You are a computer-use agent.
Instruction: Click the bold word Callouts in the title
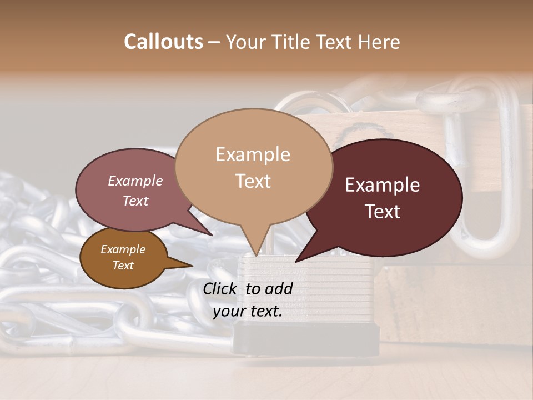point(163,42)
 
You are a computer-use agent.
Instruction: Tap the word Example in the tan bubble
point(253,154)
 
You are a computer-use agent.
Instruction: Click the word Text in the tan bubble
point(253,181)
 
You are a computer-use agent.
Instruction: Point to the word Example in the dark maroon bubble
point(383,185)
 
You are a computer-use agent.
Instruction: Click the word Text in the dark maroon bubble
point(383,211)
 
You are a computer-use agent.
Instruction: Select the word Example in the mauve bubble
point(135,181)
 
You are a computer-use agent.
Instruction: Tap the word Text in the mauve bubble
point(135,201)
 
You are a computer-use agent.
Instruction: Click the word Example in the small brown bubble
point(123,249)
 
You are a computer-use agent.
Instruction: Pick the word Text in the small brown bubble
point(123,266)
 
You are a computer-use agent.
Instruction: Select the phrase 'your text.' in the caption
point(248,311)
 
